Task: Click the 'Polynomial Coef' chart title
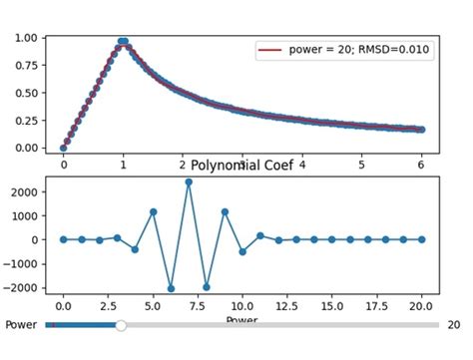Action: (241, 166)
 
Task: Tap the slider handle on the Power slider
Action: (121, 325)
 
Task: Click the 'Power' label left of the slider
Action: (21, 325)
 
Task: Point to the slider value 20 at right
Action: (453, 325)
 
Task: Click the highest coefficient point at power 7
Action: (189, 181)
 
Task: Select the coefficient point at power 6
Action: (171, 288)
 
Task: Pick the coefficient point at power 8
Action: (207, 286)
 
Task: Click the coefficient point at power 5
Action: (153, 211)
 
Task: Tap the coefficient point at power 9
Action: (225, 211)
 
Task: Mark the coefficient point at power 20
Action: (421, 239)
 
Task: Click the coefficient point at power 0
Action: (63, 239)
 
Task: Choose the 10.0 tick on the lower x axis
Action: (242, 309)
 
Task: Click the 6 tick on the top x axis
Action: (421, 165)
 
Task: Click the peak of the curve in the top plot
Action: (123, 41)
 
